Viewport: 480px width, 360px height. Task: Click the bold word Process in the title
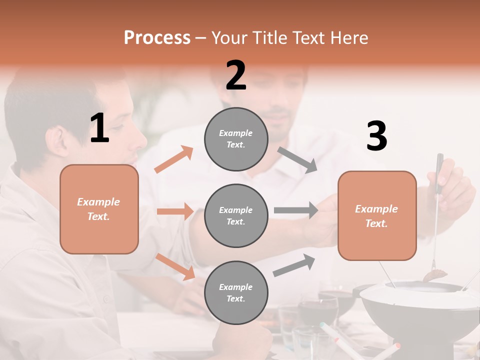click(157, 38)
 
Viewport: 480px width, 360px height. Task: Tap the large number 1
click(99, 128)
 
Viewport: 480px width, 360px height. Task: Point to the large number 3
click(376, 136)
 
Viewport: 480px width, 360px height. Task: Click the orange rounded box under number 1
click(99, 209)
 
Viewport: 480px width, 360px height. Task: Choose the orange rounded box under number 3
click(377, 215)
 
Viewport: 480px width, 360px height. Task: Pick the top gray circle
click(236, 139)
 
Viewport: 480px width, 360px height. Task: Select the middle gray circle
click(236, 215)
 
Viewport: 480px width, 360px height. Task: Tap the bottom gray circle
click(236, 292)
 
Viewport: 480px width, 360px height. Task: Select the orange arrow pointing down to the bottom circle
click(175, 266)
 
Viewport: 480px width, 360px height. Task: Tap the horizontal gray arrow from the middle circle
click(296, 210)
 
